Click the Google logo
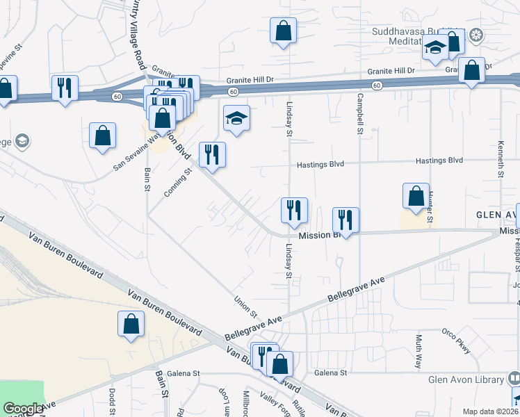(23, 409)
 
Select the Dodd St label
(112, 402)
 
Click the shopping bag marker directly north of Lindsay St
(283, 31)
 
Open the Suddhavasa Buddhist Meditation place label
(416, 36)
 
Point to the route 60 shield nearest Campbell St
(375, 85)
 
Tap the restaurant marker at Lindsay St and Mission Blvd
(294, 210)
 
